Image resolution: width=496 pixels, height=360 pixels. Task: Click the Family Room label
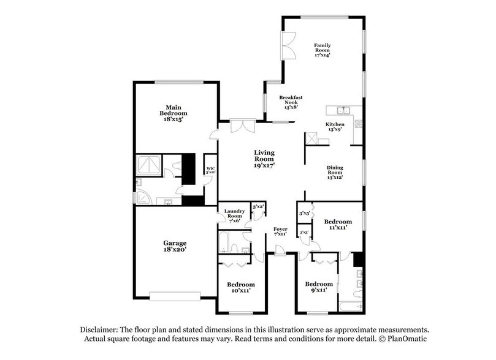tap(322, 50)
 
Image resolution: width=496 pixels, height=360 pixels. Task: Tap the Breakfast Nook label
tap(291, 102)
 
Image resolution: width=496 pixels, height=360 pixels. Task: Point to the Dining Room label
tap(334, 173)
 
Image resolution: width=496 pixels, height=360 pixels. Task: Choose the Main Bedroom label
tap(174, 113)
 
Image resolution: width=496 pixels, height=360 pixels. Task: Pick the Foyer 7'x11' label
tap(280, 231)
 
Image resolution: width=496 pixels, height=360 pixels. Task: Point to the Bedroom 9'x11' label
tap(319, 287)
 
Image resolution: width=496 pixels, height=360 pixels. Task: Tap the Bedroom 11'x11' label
tap(338, 224)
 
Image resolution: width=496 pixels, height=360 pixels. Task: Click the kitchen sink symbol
tap(343, 110)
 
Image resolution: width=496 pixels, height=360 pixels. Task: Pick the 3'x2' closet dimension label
tap(258, 208)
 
